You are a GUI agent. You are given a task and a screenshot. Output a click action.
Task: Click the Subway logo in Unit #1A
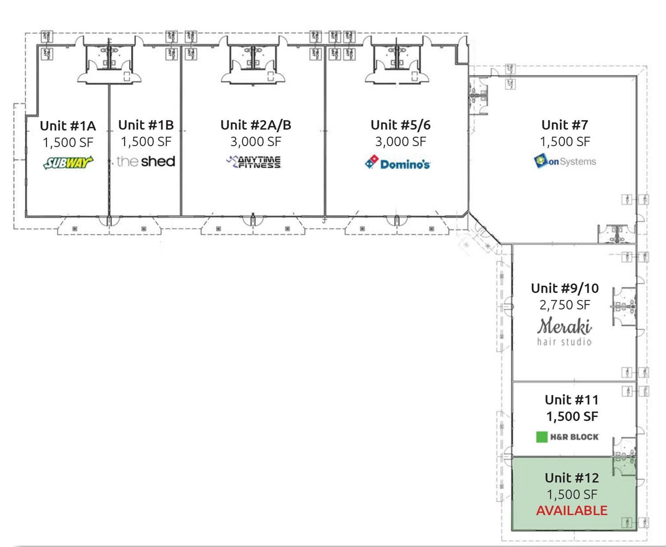[68, 163]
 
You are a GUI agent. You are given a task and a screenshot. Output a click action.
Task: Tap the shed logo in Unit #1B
[146, 161]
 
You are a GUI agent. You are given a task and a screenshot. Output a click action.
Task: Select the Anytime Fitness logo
[254, 162]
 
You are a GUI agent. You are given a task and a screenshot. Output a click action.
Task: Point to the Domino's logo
[397, 163]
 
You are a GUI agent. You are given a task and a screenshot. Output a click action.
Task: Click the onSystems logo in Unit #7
[565, 161]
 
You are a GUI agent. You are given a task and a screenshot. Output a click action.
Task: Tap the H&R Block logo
[567, 437]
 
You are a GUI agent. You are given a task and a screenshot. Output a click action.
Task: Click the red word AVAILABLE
[571, 511]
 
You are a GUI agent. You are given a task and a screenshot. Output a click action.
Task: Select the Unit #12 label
[571, 478]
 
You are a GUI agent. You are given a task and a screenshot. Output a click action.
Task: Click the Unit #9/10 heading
[565, 288]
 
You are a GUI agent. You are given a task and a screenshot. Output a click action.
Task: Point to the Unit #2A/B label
[256, 125]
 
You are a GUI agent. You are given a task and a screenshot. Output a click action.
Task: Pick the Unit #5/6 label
[400, 125]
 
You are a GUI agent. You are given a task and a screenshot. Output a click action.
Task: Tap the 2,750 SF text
[565, 305]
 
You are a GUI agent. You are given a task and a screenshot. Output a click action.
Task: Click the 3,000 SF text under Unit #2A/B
[256, 142]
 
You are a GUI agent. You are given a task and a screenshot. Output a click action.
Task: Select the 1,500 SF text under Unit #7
[565, 142]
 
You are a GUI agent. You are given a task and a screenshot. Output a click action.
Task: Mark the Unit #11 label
[571, 400]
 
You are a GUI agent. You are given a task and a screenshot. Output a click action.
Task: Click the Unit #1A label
[68, 126]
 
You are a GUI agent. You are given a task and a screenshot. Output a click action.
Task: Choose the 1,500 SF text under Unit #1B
[146, 142]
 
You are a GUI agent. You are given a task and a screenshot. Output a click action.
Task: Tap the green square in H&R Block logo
[542, 437]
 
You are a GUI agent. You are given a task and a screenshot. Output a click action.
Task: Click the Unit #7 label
[565, 125]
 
